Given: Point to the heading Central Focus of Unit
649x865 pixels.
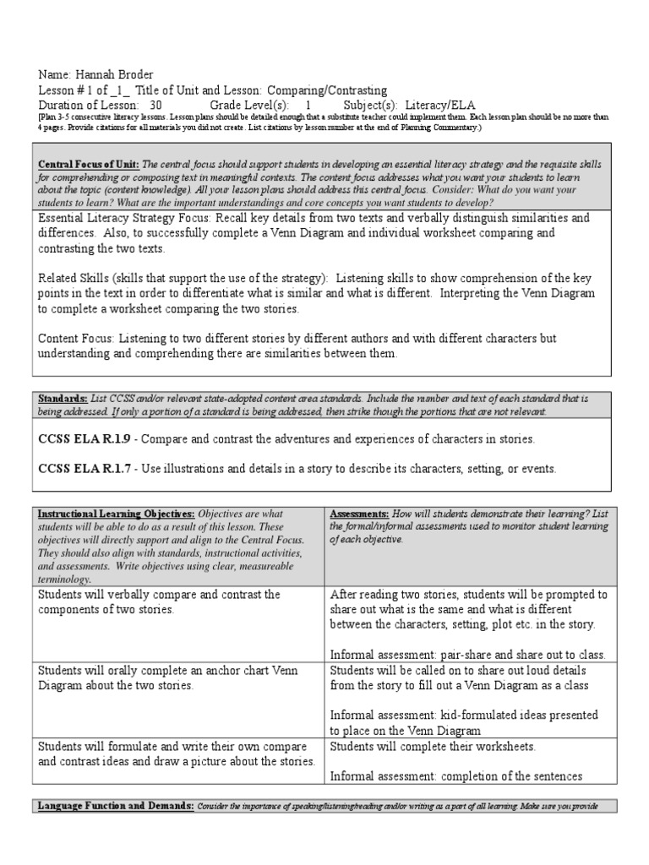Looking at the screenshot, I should point(88,164).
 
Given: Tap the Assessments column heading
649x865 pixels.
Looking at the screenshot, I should point(359,514).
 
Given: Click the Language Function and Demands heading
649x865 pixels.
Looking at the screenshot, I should point(116,805).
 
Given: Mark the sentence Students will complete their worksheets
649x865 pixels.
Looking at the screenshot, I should point(433,747).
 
